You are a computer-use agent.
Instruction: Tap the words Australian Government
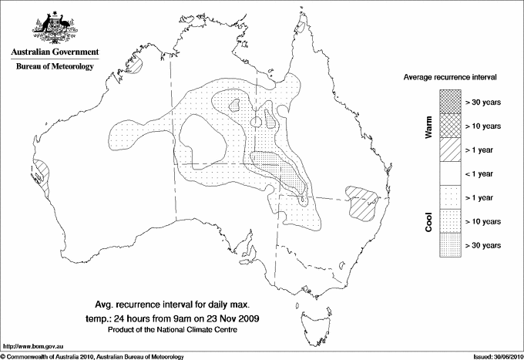(54, 52)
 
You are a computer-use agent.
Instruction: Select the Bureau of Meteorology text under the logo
(54, 67)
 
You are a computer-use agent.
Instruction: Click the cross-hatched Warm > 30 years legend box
(450, 101)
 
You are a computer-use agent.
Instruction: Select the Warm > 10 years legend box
(450, 125)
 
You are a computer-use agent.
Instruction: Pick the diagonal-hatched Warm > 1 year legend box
(450, 149)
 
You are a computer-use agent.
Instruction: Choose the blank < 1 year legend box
(450, 173)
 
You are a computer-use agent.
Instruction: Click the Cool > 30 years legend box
(450, 244)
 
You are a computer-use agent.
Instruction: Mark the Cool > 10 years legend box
(450, 220)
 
